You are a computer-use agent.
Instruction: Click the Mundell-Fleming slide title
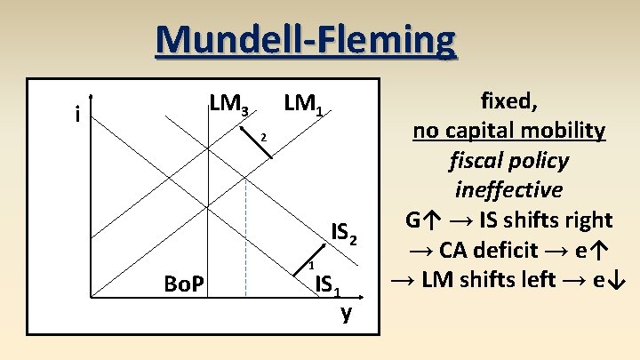[305, 40]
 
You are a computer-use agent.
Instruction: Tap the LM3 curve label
[229, 106]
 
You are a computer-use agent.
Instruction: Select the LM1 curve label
[308, 106]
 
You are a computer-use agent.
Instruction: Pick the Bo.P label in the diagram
[185, 284]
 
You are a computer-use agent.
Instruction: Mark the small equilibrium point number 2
[263, 137]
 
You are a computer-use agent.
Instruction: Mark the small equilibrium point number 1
[311, 266]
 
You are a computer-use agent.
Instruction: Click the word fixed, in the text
[508, 100]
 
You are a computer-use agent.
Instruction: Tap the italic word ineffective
[508, 189]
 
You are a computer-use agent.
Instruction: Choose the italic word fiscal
[477, 161]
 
